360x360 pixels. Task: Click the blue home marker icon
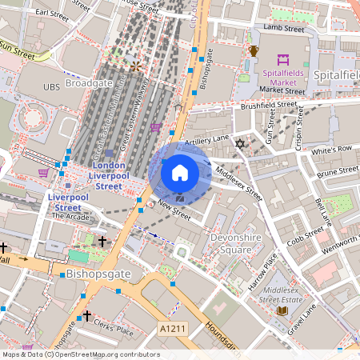click(180, 173)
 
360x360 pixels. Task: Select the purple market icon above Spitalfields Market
click(283, 59)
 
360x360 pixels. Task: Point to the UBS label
click(52, 86)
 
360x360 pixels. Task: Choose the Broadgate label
click(89, 82)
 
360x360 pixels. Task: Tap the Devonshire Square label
click(232, 243)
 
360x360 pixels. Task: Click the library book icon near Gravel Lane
click(281, 310)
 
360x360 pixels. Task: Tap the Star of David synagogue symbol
click(238, 144)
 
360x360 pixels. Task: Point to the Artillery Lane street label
click(207, 141)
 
